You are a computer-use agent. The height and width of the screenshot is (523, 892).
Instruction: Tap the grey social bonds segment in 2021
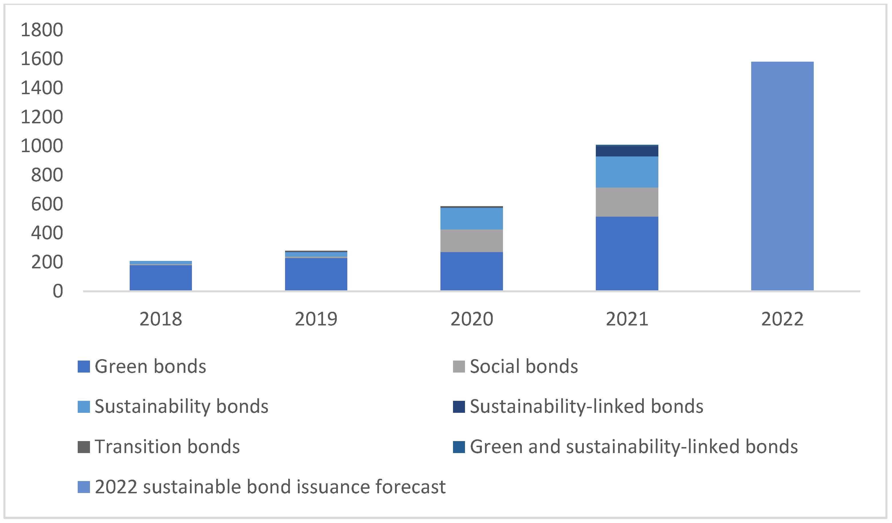[627, 202]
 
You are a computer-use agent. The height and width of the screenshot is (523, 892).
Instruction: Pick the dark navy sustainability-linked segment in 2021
[627, 151]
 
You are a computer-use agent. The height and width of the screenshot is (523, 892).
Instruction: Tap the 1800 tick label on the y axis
[42, 30]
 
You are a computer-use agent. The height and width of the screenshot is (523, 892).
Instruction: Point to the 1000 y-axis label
[42, 146]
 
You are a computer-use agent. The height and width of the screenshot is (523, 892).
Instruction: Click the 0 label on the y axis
[58, 291]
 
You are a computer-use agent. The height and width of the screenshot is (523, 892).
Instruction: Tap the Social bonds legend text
[524, 367]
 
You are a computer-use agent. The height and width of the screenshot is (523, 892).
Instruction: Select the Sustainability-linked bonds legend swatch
[459, 407]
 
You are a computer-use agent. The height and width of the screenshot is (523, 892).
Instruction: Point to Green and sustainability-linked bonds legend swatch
[459, 447]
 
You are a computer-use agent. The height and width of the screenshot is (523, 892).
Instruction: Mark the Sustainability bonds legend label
[181, 407]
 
